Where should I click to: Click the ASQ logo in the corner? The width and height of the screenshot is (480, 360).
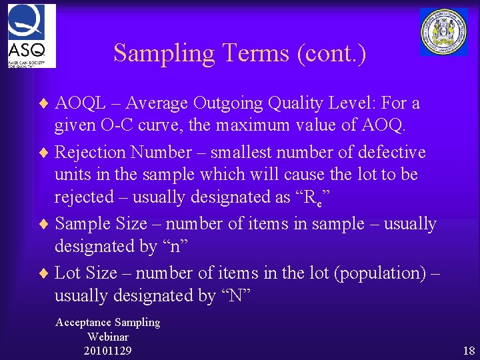pos(31,35)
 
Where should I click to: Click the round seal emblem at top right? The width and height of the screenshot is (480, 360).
pos(443,31)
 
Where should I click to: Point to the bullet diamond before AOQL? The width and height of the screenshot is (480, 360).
pos(45,104)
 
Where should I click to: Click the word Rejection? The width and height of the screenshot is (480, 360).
pos(90,153)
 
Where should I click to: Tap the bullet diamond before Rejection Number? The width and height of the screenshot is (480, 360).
pos(45,153)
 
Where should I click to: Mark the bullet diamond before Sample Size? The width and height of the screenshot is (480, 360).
pos(45,225)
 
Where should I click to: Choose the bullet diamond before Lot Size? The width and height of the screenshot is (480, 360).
pos(45,273)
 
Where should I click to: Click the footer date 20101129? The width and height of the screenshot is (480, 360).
pos(108,350)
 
